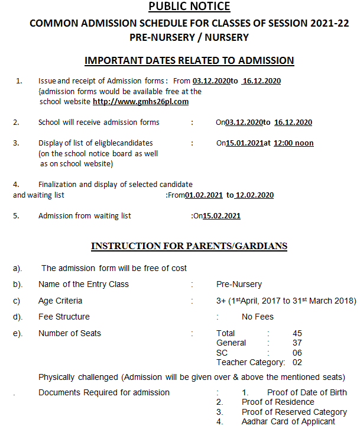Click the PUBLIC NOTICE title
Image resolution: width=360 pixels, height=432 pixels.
189,7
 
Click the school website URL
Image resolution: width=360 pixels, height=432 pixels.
141,101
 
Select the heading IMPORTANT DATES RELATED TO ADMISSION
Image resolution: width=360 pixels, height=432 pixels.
189,60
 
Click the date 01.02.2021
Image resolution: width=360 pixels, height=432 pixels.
205,195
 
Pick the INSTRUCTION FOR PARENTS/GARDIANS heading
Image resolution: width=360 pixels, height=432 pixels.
189,246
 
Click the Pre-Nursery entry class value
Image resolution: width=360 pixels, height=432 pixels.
239,284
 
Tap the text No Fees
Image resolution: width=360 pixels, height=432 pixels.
258,317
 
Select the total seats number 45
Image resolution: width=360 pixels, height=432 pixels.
297,333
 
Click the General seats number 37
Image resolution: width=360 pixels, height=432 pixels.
297,343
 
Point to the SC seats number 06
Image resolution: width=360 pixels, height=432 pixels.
297,352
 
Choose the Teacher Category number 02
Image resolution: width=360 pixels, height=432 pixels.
297,362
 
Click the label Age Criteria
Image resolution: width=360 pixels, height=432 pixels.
60,301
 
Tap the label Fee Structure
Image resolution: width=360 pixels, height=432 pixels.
64,317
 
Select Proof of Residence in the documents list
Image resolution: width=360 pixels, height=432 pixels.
278,402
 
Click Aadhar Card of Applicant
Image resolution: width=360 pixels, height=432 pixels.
288,421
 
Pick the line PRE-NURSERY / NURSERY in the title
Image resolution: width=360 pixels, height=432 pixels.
189,37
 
